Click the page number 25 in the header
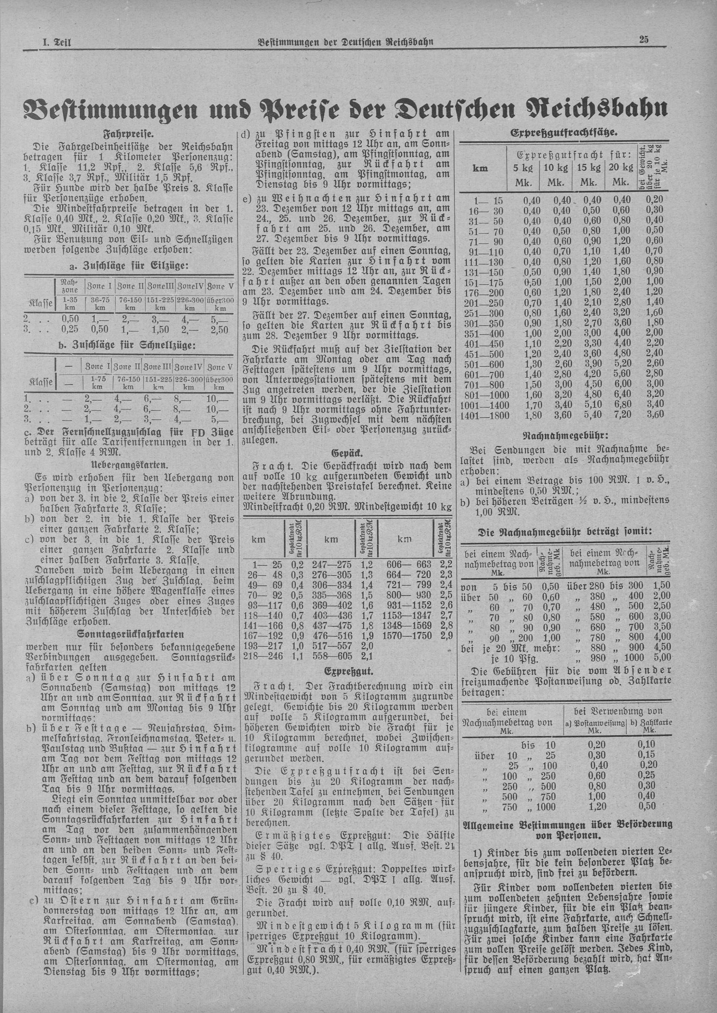pos(643,40)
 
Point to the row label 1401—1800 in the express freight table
pos(485,415)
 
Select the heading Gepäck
pos(347,454)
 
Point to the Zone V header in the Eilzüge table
pos(219,286)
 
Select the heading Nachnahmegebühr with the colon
pos(565,435)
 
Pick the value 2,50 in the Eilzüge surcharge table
pos(219,329)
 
